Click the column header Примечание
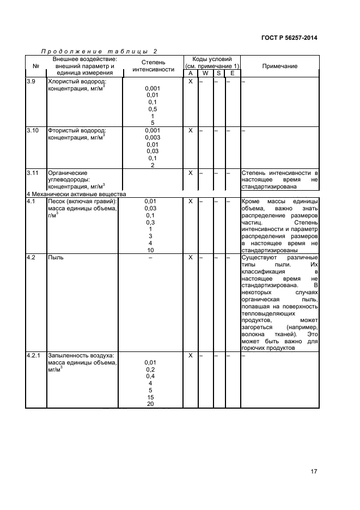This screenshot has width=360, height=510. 279,66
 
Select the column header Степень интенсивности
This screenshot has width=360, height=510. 153,66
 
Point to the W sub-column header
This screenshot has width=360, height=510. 205,74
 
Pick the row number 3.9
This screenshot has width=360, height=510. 32,81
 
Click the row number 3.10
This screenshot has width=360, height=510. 33,131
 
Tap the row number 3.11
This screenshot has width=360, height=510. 33,173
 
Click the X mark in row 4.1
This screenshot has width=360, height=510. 191,201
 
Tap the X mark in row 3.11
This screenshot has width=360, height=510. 191,173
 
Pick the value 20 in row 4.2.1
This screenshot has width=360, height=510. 151,404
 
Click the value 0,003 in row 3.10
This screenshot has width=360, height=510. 152,138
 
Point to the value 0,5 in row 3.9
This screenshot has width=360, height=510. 152,109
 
